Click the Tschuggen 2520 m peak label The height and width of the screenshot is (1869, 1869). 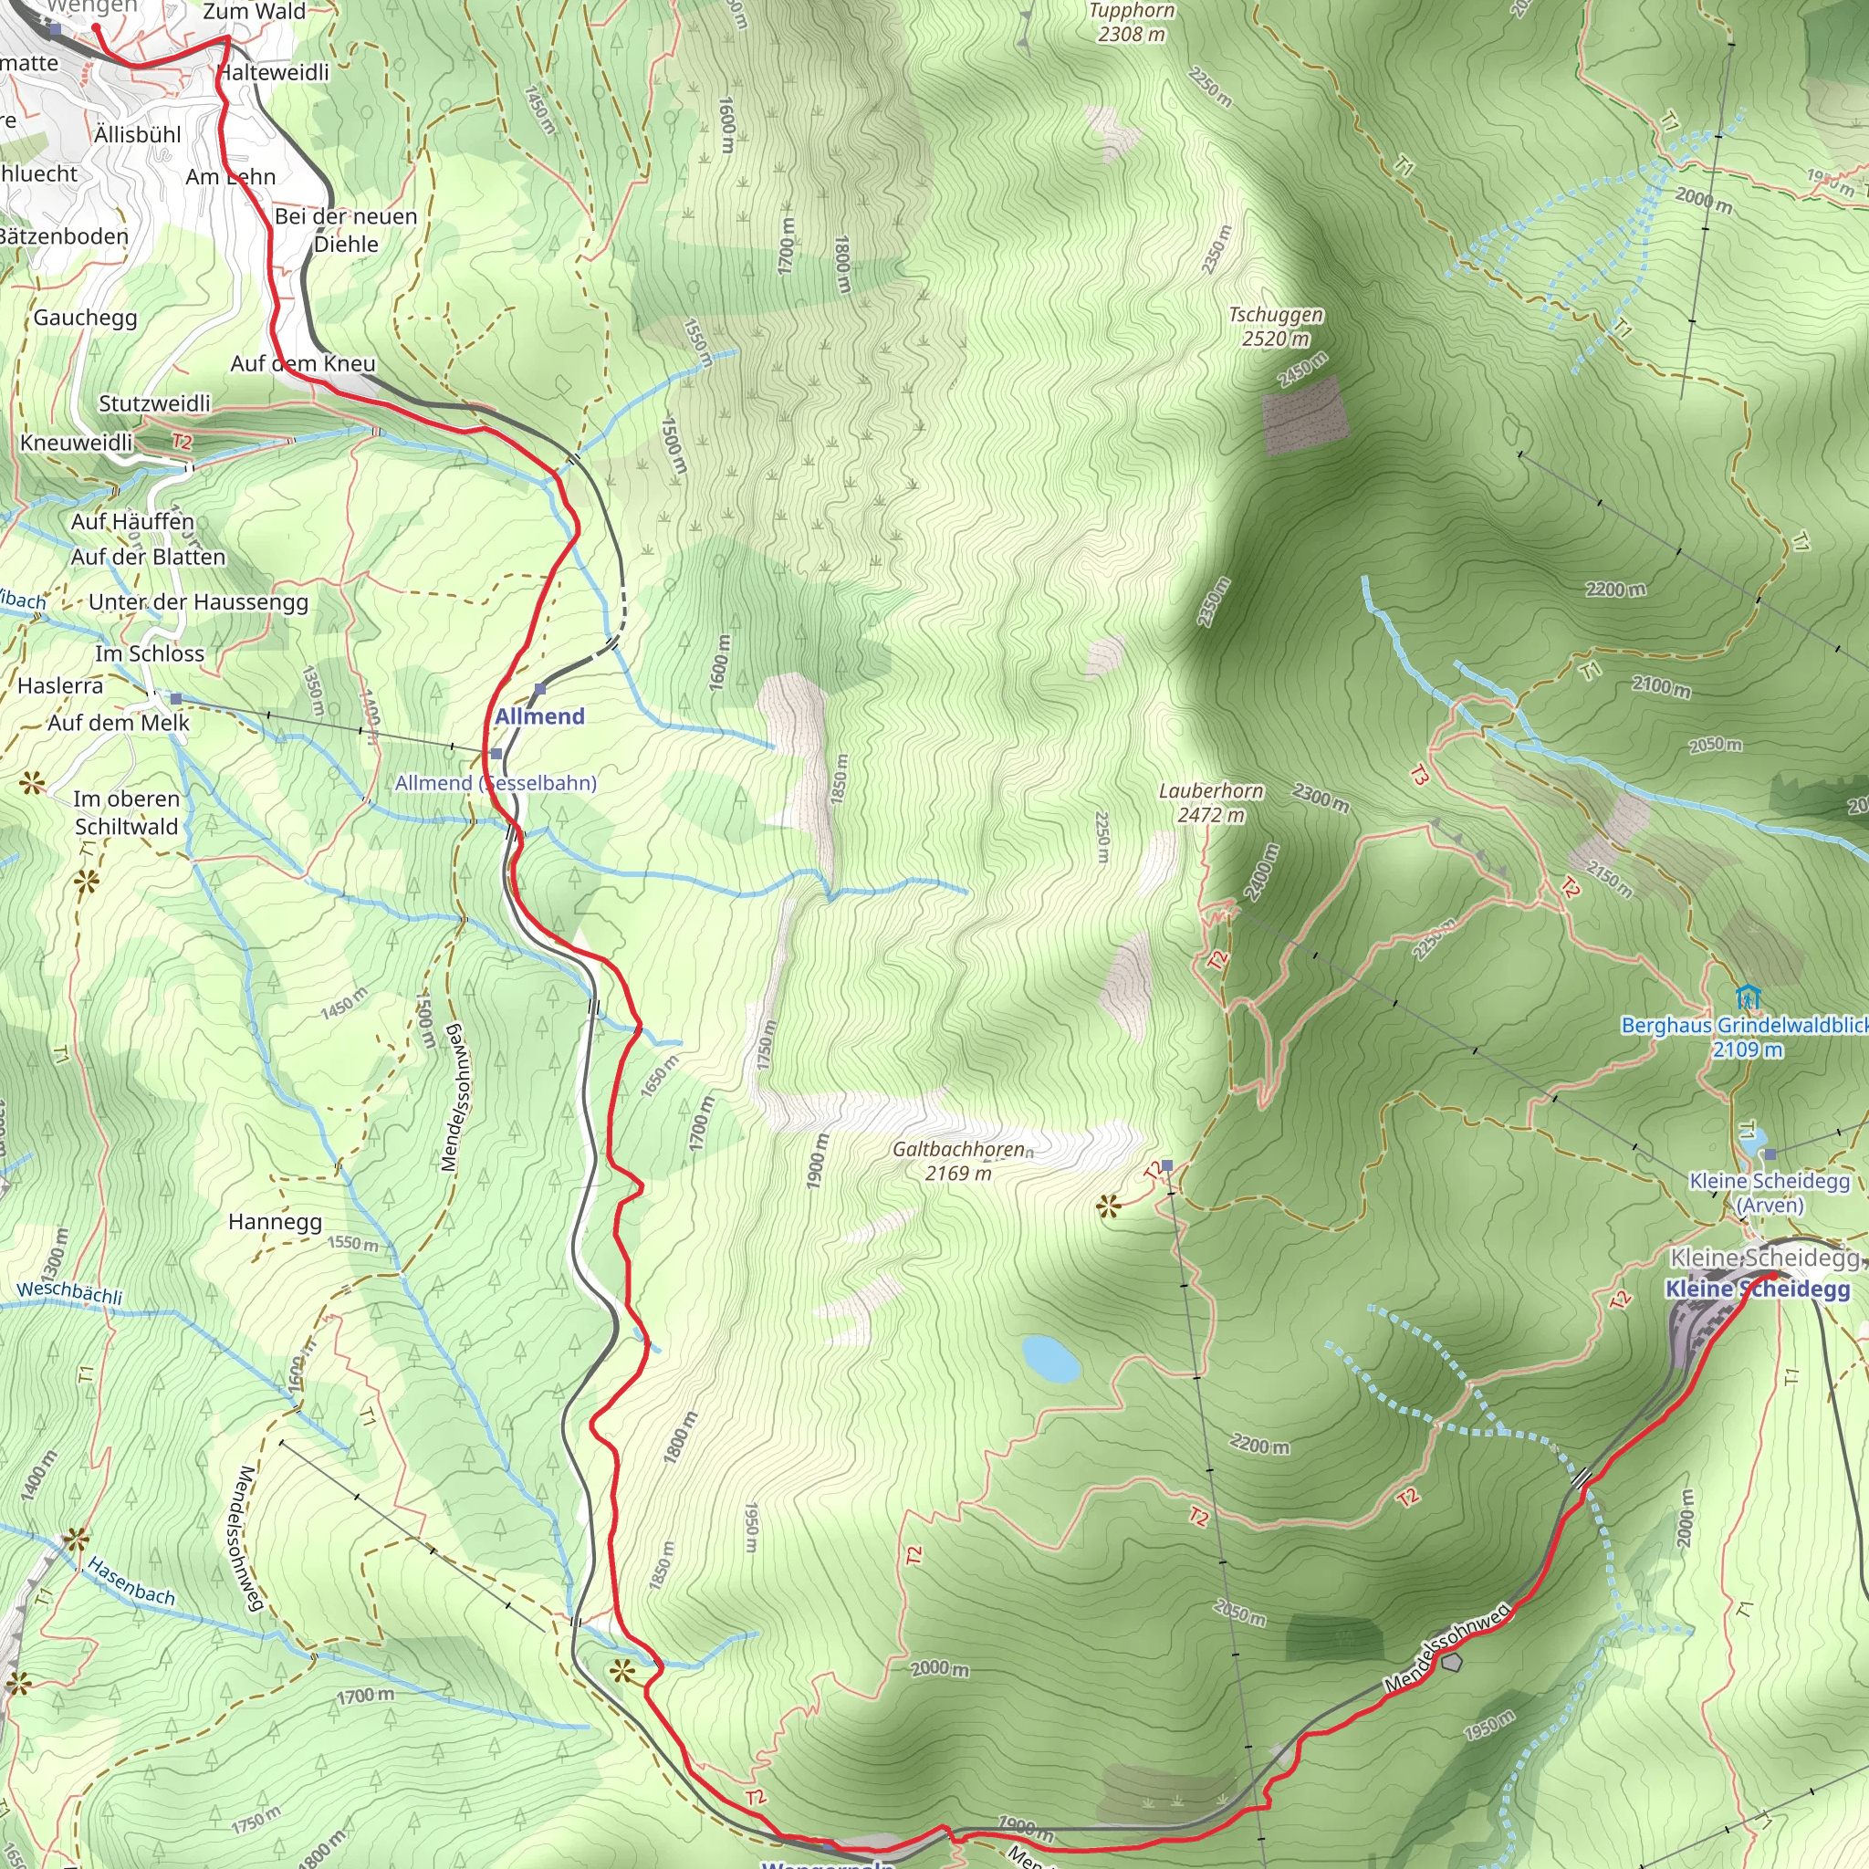pyautogui.click(x=1275, y=326)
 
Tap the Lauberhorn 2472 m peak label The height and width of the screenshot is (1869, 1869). pyautogui.click(x=1211, y=803)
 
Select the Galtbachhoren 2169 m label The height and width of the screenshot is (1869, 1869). pyautogui.click(x=959, y=1161)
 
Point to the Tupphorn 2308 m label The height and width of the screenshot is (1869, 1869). pyautogui.click(x=1131, y=22)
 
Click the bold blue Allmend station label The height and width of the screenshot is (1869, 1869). pyautogui.click(x=540, y=716)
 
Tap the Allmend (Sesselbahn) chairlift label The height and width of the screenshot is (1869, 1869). pyautogui.click(x=496, y=783)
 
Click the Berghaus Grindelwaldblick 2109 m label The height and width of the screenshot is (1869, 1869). pyautogui.click(x=1744, y=1037)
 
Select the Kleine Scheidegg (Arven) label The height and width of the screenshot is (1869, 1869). pyautogui.click(x=1769, y=1193)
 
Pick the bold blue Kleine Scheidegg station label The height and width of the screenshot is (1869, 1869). pyautogui.click(x=1757, y=1289)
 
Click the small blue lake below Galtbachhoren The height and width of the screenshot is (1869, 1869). pyautogui.click(x=1050, y=1358)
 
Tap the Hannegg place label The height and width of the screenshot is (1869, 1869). pyautogui.click(x=275, y=1221)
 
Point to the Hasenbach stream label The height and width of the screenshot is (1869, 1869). pyautogui.click(x=131, y=1581)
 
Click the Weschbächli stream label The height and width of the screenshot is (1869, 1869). pyautogui.click(x=69, y=1292)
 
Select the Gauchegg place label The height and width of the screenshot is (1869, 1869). pyautogui.click(x=85, y=318)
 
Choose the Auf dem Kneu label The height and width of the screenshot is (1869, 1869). pyautogui.click(x=303, y=364)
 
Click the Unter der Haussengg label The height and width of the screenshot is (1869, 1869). pyautogui.click(x=198, y=601)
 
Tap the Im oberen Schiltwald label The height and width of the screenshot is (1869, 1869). pyautogui.click(x=127, y=812)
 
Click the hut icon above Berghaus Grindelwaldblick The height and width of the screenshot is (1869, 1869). pyautogui.click(x=1747, y=997)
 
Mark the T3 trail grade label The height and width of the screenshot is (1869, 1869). pyautogui.click(x=1418, y=775)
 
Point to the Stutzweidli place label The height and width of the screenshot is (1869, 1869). pyautogui.click(x=154, y=403)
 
